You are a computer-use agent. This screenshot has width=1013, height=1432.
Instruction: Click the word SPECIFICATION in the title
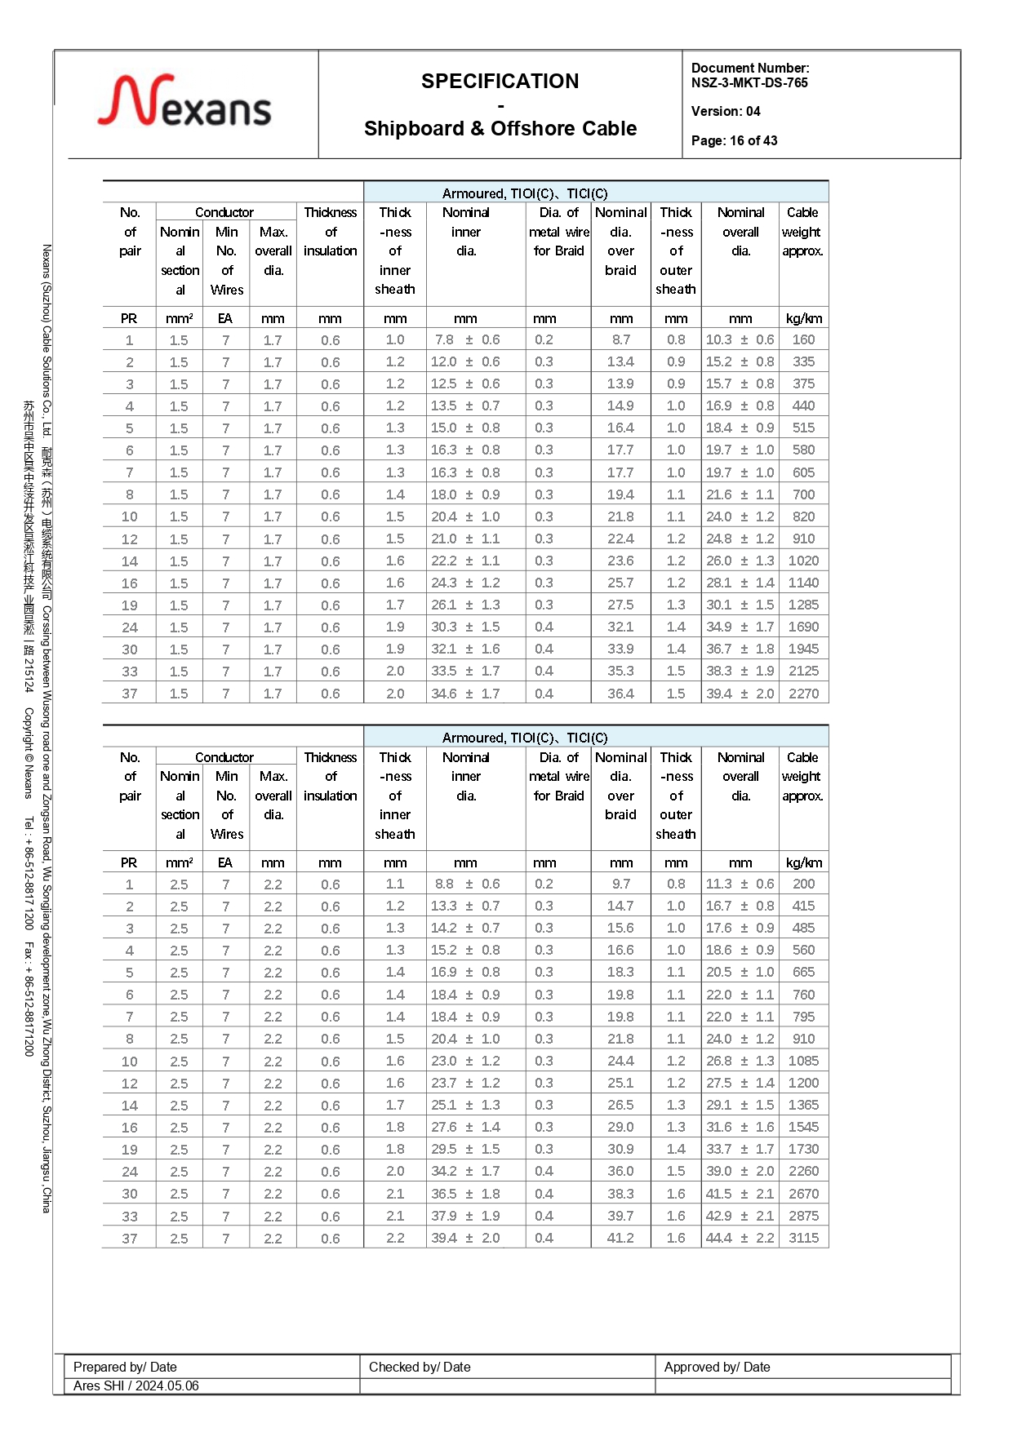[500, 82]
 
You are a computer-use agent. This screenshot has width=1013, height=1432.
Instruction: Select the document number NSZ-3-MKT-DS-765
[749, 82]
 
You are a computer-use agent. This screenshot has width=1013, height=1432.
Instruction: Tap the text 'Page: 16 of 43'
[734, 140]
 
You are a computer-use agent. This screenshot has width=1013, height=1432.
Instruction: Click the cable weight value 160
[803, 339]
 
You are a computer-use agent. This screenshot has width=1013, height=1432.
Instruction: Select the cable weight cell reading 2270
[803, 694]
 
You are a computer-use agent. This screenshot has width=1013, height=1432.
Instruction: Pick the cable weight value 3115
[803, 1238]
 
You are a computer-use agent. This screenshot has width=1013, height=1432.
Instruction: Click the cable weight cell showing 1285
[803, 605]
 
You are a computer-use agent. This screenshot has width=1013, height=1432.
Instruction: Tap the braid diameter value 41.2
[620, 1238]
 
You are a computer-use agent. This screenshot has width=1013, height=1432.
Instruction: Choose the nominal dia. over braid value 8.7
[620, 339]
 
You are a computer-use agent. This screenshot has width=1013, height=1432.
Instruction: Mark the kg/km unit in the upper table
[803, 318]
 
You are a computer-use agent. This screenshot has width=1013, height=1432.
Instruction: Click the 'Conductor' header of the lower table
[224, 757]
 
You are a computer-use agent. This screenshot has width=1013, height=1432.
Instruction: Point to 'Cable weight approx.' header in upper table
[803, 232]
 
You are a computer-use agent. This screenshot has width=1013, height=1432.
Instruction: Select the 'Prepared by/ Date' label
[125, 1367]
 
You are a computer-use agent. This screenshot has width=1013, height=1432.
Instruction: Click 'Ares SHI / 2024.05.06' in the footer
[136, 1385]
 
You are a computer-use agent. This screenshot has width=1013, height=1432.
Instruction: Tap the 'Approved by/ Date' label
[717, 1367]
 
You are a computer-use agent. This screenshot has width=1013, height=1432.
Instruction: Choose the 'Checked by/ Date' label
[420, 1367]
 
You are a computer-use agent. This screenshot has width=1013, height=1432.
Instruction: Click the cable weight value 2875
[803, 1216]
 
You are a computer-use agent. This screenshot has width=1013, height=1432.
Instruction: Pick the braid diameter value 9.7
[620, 884]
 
